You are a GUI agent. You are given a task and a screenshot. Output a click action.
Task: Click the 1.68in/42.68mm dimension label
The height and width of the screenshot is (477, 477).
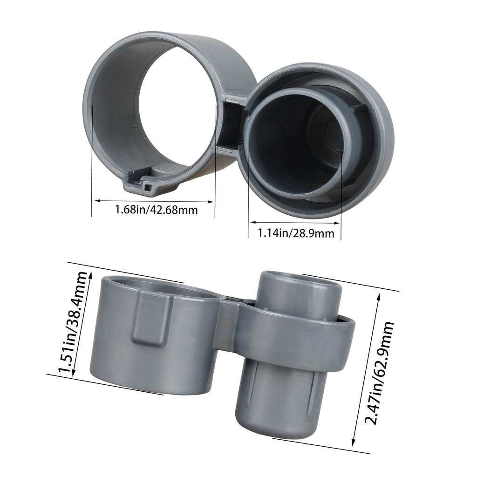tap(157, 210)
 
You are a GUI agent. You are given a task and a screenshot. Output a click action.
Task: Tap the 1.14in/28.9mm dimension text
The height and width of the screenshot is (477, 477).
tap(296, 233)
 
